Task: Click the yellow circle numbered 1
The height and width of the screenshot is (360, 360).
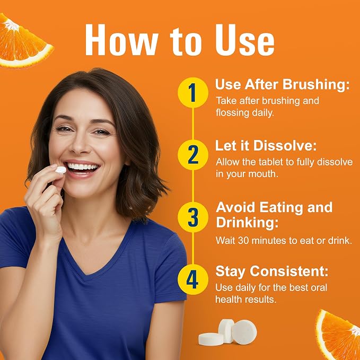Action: pyautogui.click(x=193, y=93)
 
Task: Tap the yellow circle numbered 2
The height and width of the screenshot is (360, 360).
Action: pyautogui.click(x=193, y=155)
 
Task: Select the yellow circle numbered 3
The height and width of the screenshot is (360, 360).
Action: pyautogui.click(x=193, y=217)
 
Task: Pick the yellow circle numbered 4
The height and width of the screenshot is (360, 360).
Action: pyautogui.click(x=193, y=279)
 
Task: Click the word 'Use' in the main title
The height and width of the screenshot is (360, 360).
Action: pyautogui.click(x=245, y=40)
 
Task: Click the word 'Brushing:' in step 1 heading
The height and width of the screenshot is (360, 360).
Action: pyautogui.click(x=316, y=84)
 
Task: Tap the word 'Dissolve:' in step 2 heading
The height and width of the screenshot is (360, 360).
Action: pyautogui.click(x=285, y=146)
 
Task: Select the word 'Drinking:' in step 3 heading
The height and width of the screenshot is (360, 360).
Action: pyautogui.click(x=247, y=223)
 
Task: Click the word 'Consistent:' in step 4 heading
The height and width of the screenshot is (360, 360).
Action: pyautogui.click(x=289, y=271)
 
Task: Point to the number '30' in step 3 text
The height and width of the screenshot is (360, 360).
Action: pyautogui.click(x=243, y=241)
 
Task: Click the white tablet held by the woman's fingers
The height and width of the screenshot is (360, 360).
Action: pyautogui.click(x=61, y=170)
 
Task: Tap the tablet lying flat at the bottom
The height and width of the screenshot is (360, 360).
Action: pyautogui.click(x=211, y=339)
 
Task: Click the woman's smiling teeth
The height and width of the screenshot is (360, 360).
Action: pyautogui.click(x=83, y=167)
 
